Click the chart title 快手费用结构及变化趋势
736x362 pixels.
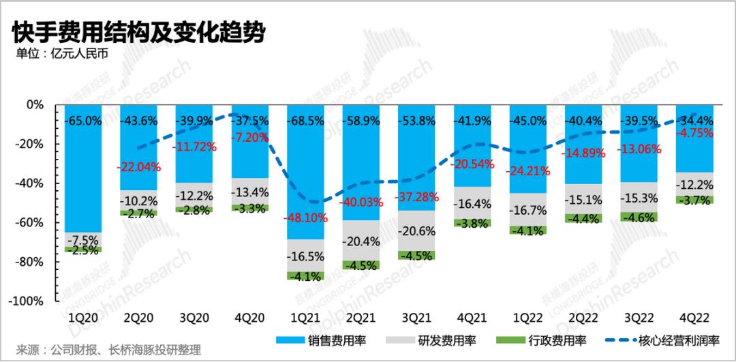139,32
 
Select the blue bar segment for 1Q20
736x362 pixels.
83,168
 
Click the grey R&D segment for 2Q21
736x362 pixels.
361,241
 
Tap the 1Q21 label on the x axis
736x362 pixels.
305,318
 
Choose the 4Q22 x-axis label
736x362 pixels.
694,318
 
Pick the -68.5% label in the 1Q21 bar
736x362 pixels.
305,121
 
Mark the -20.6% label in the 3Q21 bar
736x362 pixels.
416,231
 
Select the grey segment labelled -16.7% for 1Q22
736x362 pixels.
527,209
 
